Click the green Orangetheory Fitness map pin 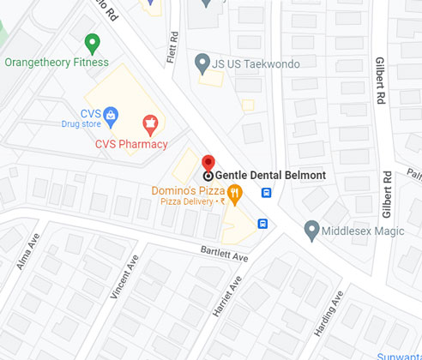(x=93, y=42)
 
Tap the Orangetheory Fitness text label (x=57, y=63)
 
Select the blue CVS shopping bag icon (x=112, y=113)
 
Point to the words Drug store (x=82, y=123)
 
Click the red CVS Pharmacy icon (x=151, y=125)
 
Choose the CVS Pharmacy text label (x=131, y=144)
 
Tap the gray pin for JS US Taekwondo (x=202, y=61)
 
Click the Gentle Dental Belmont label (x=270, y=176)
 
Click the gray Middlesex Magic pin (x=311, y=230)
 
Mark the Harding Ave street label (x=328, y=313)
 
